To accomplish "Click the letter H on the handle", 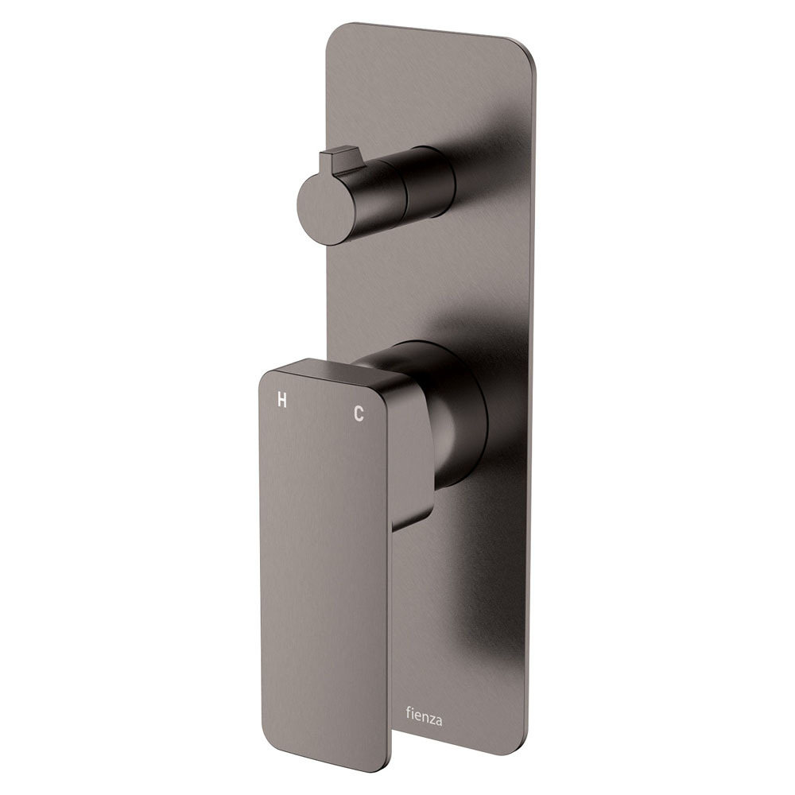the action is (282, 401).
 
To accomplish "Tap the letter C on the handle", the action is (359, 413).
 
